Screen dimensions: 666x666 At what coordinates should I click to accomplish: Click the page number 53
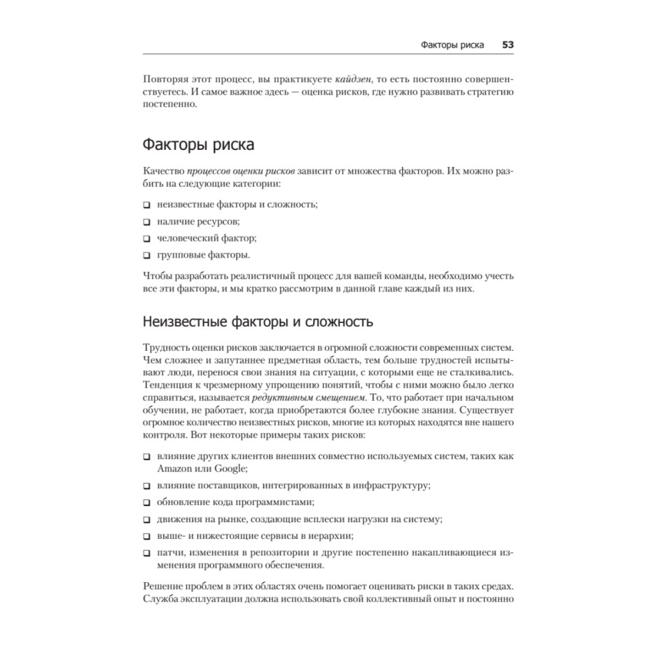pos(507,45)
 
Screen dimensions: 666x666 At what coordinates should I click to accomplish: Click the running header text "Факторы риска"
pos(452,45)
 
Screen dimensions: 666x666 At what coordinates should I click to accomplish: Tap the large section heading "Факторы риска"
pos(198,145)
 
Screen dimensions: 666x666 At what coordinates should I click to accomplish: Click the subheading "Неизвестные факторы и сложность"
pos(258,322)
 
